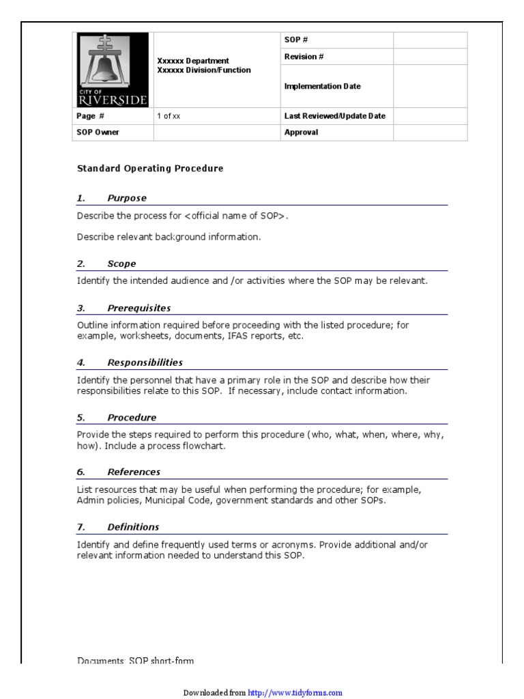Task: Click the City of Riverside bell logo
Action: [x=113, y=70]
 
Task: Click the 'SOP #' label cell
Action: [x=293, y=40]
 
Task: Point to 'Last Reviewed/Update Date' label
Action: [x=334, y=116]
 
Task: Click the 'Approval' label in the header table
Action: [x=301, y=132]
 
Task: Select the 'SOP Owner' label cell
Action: [x=98, y=132]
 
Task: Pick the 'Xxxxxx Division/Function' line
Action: [x=204, y=70]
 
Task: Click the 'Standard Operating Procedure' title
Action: [x=150, y=168]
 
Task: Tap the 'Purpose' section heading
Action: [x=127, y=199]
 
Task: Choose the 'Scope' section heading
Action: [x=121, y=264]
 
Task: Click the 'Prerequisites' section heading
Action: [x=139, y=309]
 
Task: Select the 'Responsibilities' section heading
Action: [x=145, y=363]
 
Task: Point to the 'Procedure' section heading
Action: [x=132, y=418]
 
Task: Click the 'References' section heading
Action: [x=134, y=472]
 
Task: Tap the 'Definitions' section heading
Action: [x=133, y=527]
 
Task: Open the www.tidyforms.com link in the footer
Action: [x=295, y=693]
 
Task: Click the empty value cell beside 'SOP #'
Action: [x=430, y=40]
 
